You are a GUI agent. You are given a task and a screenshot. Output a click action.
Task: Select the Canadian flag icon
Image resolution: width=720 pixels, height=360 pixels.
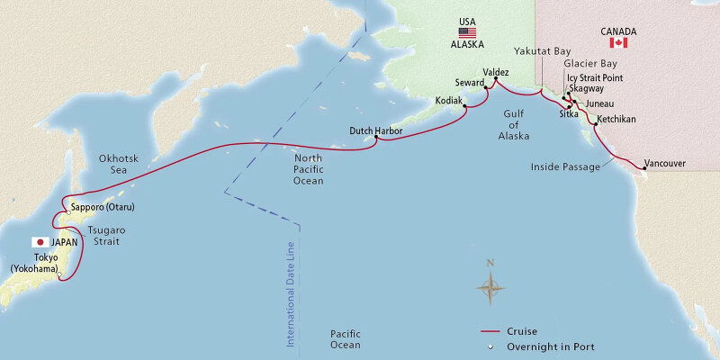point(618,42)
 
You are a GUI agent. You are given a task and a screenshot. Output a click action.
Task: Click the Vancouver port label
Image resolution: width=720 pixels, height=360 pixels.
point(667,163)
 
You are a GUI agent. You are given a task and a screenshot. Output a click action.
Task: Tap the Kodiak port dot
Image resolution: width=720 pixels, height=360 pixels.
point(465,107)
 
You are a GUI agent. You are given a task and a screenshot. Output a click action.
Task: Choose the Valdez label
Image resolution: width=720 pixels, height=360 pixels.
point(496,70)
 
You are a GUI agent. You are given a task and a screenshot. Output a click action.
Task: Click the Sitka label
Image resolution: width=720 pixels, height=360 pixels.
point(569,115)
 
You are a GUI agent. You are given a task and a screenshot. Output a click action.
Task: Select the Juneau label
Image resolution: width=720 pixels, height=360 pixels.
point(599,104)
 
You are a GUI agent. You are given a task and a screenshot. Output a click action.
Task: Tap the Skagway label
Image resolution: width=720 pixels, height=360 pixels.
point(587,90)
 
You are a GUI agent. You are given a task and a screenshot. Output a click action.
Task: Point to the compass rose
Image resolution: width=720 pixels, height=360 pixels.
point(490,287)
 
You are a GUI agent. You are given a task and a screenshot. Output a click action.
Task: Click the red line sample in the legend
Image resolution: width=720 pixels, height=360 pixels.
point(491,331)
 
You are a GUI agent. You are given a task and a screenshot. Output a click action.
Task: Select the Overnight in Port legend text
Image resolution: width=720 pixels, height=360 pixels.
point(556,346)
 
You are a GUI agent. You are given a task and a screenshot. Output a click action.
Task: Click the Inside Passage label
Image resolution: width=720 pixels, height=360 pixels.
point(565,166)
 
